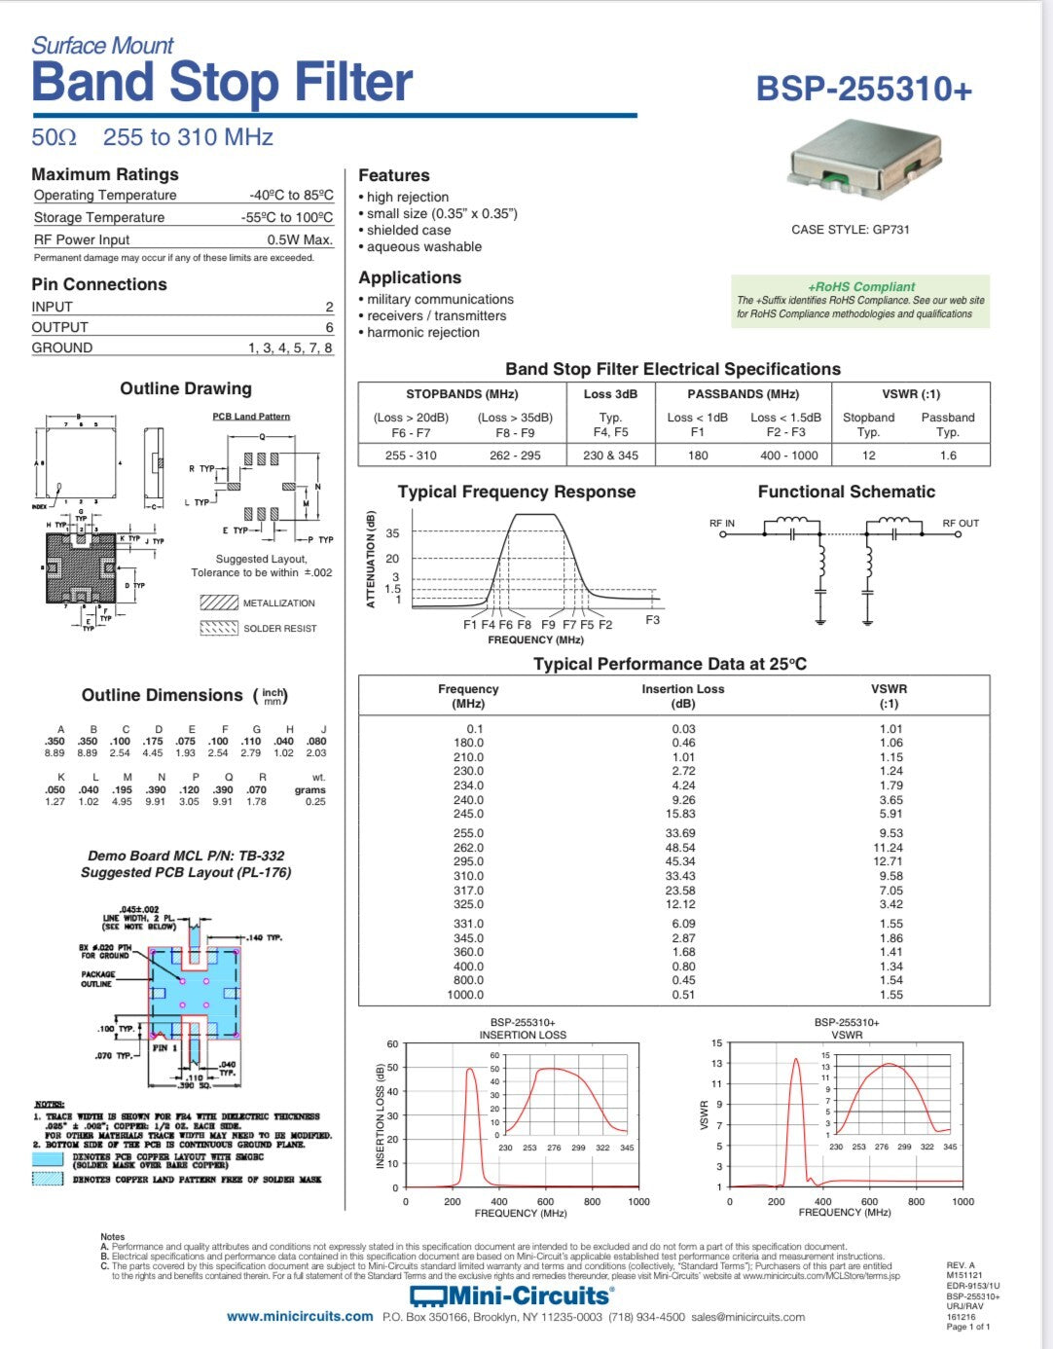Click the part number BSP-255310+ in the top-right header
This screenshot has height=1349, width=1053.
pyautogui.click(x=863, y=89)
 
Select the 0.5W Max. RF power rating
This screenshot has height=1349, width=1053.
pyautogui.click(x=300, y=239)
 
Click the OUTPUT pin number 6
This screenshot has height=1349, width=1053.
pyautogui.click(x=329, y=327)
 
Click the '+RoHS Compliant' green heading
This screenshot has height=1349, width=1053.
pyautogui.click(x=861, y=286)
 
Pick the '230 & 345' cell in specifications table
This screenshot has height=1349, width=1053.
pyautogui.click(x=610, y=455)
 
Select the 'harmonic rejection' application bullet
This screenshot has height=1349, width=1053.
pyautogui.click(x=423, y=332)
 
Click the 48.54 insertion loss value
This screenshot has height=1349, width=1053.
pyautogui.click(x=680, y=848)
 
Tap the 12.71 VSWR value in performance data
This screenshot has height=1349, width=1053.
pyautogui.click(x=888, y=861)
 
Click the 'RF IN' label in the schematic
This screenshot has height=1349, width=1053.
pyautogui.click(x=722, y=524)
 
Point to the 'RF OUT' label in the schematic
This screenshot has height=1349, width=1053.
pyautogui.click(x=961, y=524)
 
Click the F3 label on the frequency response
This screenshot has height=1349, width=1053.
pyautogui.click(x=652, y=620)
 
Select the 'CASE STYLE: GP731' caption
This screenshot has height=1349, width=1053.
pyautogui.click(x=851, y=230)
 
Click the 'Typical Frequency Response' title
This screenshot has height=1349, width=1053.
pyautogui.click(x=517, y=492)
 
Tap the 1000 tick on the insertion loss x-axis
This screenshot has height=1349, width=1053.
pyautogui.click(x=638, y=1201)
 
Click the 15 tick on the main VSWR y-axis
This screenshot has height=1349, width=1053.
pyautogui.click(x=717, y=1043)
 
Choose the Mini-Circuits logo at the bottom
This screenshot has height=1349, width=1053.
pyautogui.click(x=510, y=1295)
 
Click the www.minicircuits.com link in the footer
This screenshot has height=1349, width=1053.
pyautogui.click(x=300, y=1317)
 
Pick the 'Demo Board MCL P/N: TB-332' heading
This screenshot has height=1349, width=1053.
pyautogui.click(x=186, y=856)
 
